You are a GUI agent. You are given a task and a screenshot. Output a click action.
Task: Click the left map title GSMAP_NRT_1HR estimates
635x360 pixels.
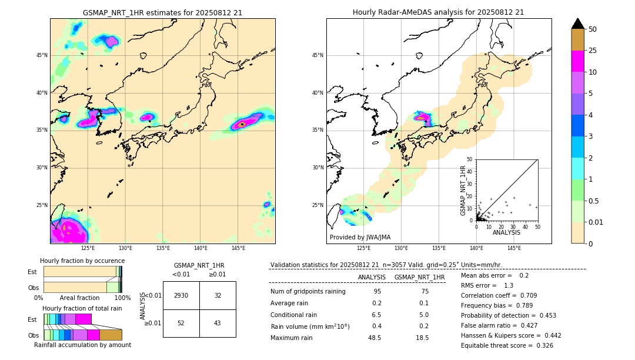click(162, 12)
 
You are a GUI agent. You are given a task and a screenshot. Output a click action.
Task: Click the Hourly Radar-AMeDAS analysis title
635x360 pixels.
click(438, 12)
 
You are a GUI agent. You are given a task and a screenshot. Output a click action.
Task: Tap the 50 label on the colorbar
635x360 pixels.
click(593, 29)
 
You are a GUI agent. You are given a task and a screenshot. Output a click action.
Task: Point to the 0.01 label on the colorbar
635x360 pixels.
click(596, 222)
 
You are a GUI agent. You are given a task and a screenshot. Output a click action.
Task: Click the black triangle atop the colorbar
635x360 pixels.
click(577, 24)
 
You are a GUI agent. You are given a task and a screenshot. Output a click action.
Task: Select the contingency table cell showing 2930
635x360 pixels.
click(181, 295)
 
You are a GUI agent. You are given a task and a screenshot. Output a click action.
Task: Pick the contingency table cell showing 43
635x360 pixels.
click(218, 323)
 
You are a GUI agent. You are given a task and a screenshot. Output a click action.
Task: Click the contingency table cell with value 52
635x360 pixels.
click(181, 323)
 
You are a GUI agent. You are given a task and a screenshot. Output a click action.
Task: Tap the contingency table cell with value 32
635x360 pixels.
click(218, 295)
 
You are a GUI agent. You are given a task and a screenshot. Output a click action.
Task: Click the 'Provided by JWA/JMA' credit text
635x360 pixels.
click(360, 237)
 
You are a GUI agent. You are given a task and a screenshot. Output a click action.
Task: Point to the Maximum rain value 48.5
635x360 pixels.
click(375, 338)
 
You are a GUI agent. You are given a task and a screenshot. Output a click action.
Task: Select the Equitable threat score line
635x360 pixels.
click(507, 345)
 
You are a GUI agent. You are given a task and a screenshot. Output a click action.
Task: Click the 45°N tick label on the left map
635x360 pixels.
click(42, 55)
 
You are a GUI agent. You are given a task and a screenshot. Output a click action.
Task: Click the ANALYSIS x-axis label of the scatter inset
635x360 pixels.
click(506, 232)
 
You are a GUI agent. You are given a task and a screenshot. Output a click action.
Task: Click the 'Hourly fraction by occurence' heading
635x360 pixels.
click(82, 261)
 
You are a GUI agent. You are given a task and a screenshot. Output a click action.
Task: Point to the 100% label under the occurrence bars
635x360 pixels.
click(122, 298)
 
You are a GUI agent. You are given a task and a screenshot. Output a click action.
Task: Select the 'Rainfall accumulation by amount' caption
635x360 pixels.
click(82, 345)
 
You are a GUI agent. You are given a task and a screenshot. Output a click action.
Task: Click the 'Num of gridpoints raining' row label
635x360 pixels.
click(308, 291)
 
